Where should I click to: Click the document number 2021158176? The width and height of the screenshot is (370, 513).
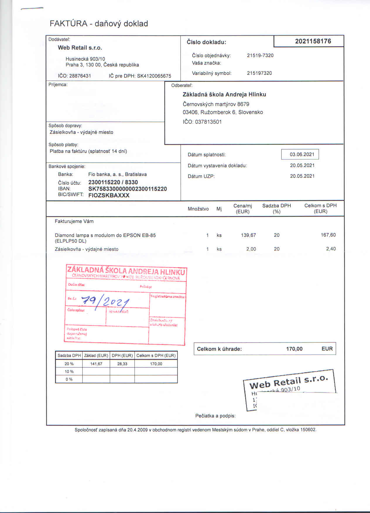(x=313, y=41)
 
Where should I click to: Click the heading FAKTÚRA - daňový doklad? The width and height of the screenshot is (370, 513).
(x=99, y=23)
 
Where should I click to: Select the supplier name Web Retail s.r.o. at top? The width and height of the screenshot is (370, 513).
(x=80, y=48)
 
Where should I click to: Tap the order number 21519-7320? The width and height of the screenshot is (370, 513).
(x=260, y=55)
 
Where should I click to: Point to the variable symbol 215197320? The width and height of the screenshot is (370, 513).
(x=259, y=73)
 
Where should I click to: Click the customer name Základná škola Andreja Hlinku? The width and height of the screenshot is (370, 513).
(x=224, y=95)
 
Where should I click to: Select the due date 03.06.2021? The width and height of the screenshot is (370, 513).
(x=302, y=155)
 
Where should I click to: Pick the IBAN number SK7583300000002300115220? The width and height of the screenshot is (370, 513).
(x=127, y=189)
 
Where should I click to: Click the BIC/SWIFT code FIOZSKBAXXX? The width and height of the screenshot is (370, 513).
(x=109, y=195)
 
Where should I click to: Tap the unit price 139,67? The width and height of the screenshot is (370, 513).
(x=248, y=235)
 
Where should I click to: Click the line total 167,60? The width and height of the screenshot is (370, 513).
(x=328, y=235)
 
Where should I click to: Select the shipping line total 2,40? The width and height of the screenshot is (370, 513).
(x=331, y=249)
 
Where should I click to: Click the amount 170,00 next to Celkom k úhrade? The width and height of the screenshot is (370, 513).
(x=294, y=349)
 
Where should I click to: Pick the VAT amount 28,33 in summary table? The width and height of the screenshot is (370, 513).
(x=122, y=364)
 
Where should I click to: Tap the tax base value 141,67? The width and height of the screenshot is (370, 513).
(x=96, y=364)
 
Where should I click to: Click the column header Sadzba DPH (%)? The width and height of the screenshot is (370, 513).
(x=276, y=208)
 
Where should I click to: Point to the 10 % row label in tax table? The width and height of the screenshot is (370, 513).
(x=69, y=372)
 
